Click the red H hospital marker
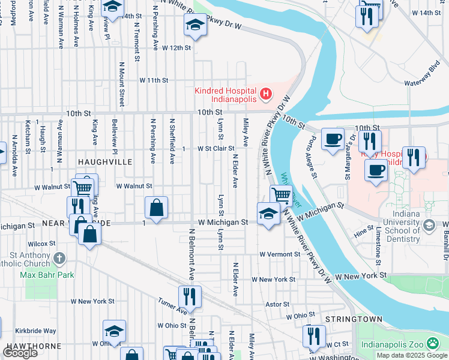265,94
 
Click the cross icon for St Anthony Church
59,258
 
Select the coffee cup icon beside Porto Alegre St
333,139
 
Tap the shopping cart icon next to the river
281,194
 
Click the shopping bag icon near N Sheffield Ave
156,208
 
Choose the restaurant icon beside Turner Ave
189,296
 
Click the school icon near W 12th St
194,25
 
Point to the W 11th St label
154,80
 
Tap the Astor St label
277,304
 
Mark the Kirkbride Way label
35,331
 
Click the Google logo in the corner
19,352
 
